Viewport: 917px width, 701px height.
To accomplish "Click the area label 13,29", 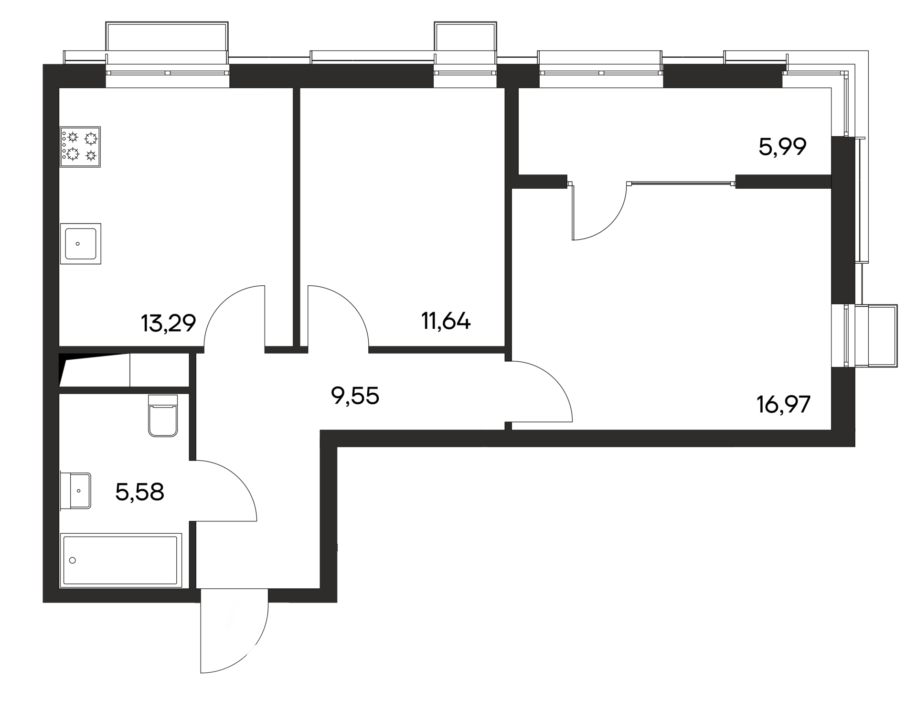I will point(168,324).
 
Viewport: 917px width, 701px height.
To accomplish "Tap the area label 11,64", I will point(446,321).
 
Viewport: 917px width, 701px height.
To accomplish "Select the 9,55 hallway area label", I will point(355,396).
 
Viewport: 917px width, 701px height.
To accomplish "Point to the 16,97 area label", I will point(783,405).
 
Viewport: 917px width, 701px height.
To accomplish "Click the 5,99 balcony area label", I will point(782,147).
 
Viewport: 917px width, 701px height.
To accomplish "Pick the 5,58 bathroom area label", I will point(139,492).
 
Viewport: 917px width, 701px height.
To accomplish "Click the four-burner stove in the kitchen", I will point(80,147).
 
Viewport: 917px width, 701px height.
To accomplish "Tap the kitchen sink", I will point(80,243).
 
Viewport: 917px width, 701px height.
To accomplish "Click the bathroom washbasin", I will point(76,491).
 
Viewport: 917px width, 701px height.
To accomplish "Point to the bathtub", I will point(121,560).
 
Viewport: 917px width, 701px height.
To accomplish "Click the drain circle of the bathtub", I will point(73,560).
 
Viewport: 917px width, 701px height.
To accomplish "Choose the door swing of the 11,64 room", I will point(337,315).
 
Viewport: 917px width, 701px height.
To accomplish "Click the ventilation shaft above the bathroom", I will point(96,370).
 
